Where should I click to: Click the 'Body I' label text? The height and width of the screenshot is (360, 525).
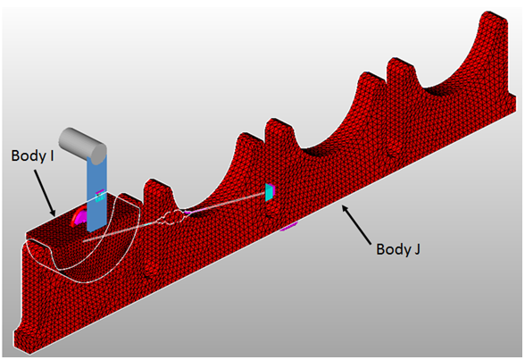click(33, 156)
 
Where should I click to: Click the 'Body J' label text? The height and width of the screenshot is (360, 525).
click(398, 249)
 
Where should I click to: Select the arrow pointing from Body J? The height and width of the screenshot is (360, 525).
click(356, 225)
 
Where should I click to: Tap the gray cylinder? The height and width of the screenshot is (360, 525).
click(82, 146)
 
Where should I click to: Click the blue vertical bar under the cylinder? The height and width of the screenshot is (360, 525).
click(96, 194)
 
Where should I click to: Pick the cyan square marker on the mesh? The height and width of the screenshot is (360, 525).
click(269, 192)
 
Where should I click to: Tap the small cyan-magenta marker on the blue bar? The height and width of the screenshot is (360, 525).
click(99, 196)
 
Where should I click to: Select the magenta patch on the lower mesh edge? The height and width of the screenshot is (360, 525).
click(288, 227)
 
